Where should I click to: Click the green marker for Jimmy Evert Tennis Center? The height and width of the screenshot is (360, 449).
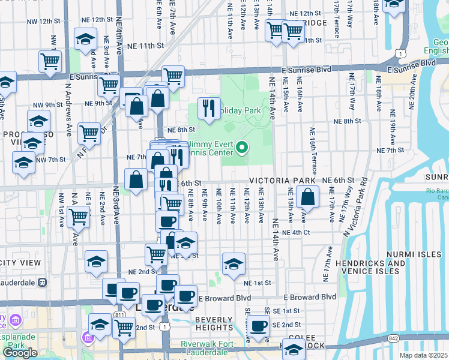[243, 146]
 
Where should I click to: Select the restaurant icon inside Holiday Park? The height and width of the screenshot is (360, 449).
[208, 107]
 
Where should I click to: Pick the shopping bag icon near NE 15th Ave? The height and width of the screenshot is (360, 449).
[307, 196]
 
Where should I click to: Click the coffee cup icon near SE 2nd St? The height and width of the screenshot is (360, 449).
[259, 326]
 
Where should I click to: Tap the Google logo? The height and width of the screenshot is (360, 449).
[20, 353]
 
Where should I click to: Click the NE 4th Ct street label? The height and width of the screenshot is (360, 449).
[298, 232]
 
